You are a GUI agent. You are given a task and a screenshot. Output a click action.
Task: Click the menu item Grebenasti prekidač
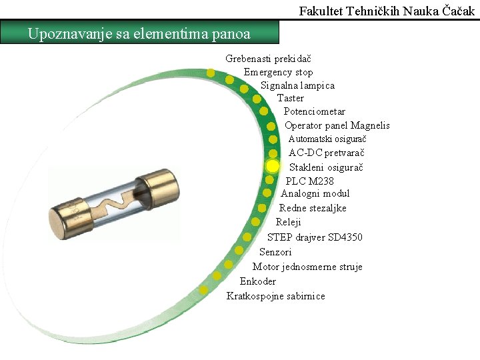[x=263, y=59]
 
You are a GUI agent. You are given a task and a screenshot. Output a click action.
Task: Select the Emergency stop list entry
[x=278, y=72]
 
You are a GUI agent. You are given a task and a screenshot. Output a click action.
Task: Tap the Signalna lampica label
[x=297, y=85]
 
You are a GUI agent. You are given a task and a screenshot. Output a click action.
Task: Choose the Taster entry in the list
[x=291, y=98]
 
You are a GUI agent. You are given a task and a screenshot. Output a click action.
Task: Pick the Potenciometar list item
[x=315, y=111]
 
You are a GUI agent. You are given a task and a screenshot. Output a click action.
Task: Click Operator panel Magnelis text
[x=337, y=125]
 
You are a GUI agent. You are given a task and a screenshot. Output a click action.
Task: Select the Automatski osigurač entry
[x=327, y=139]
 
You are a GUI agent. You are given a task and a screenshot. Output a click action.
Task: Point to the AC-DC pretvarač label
[x=326, y=153]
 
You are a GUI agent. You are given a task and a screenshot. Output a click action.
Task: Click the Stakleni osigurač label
[x=326, y=167]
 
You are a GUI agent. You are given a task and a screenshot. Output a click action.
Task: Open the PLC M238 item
[x=310, y=181]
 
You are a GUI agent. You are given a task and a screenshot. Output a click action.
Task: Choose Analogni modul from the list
[x=315, y=193]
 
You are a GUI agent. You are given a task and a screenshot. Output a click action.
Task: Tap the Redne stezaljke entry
[x=313, y=208]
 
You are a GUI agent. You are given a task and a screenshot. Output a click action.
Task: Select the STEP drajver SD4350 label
[x=315, y=237]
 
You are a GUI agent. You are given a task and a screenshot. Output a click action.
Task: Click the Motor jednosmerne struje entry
[x=307, y=267]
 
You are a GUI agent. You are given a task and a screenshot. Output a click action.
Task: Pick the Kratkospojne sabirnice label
[x=276, y=296]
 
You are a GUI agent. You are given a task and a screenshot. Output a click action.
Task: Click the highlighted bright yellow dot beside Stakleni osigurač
[x=273, y=165]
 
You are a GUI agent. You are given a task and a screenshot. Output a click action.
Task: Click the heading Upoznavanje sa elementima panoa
[x=139, y=33]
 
